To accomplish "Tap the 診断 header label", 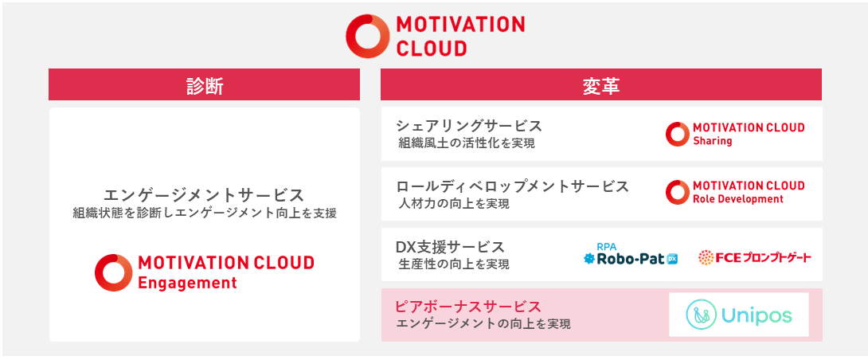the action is coord(205,86).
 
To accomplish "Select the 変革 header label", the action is coord(600,86).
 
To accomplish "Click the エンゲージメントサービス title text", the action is coord(204,195).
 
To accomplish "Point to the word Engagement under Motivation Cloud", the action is coord(187,283).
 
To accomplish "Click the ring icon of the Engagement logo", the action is coord(99,272).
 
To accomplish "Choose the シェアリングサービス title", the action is coord(469,127).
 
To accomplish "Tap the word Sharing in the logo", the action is coord(713,141).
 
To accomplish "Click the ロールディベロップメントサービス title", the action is coord(513,186).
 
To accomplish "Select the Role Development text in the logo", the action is coord(738,199).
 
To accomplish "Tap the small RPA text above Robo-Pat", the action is coord(607,246).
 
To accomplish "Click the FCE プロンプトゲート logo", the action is coord(754,257).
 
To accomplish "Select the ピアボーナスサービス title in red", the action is coord(467,307).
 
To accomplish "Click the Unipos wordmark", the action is coord(757,315).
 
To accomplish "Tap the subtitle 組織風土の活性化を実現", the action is coord(467,143).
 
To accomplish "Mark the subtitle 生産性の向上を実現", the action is coord(454,264).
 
